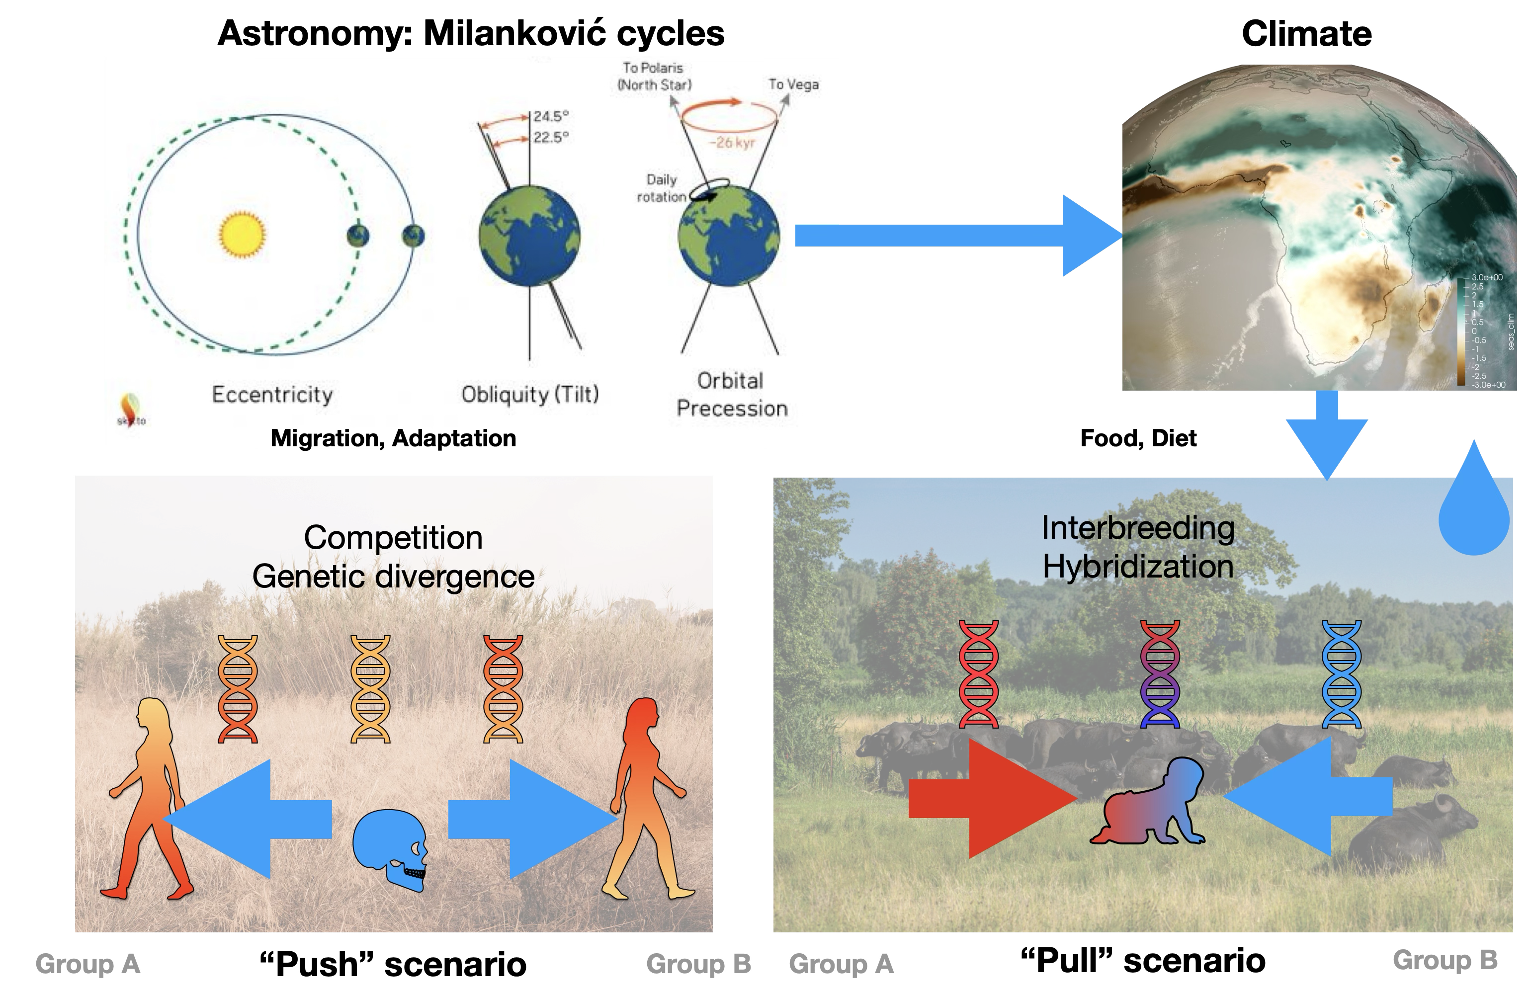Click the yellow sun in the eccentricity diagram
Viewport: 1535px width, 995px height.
point(242,235)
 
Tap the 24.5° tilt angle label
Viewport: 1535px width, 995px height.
point(551,116)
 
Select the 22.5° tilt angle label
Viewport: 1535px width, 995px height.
point(551,137)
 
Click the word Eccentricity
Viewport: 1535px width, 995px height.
point(272,394)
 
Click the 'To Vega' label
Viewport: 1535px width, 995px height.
point(793,84)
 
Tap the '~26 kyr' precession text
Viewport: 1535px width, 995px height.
point(732,143)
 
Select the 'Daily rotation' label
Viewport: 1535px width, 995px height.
point(662,188)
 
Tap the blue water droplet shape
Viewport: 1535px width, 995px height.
point(1474,509)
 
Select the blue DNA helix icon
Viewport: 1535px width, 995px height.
point(1342,673)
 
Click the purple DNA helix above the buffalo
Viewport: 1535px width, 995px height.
point(1160,673)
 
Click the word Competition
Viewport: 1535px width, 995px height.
point(393,537)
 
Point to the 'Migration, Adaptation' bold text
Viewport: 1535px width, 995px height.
point(393,438)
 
